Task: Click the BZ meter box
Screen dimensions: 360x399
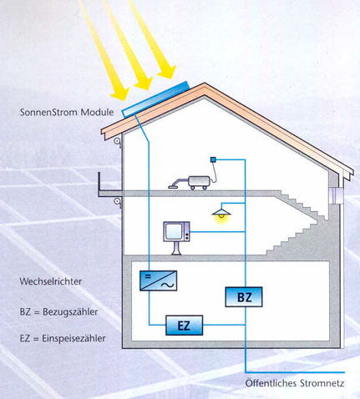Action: coord(244,297)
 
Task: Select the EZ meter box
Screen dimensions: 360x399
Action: coord(184,326)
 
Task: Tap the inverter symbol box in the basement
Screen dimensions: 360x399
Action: coord(158,280)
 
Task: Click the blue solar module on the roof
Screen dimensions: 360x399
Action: coord(155,98)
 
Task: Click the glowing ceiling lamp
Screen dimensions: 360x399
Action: coord(221,214)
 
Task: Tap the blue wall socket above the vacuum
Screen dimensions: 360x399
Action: coord(213,159)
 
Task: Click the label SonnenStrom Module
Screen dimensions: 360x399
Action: coord(67,113)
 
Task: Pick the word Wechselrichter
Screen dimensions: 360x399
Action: coord(51,281)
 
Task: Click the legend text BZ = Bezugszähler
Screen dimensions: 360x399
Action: coord(58,311)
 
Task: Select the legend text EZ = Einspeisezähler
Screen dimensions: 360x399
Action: coord(63,338)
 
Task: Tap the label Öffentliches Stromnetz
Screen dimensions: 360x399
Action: coord(295,383)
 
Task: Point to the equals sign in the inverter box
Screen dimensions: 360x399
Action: coord(148,276)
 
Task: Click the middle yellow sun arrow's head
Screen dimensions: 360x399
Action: coord(143,82)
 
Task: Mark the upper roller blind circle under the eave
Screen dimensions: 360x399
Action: coord(117,141)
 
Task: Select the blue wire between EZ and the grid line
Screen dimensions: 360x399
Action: coord(224,325)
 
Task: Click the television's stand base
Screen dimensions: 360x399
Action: coord(176,253)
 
